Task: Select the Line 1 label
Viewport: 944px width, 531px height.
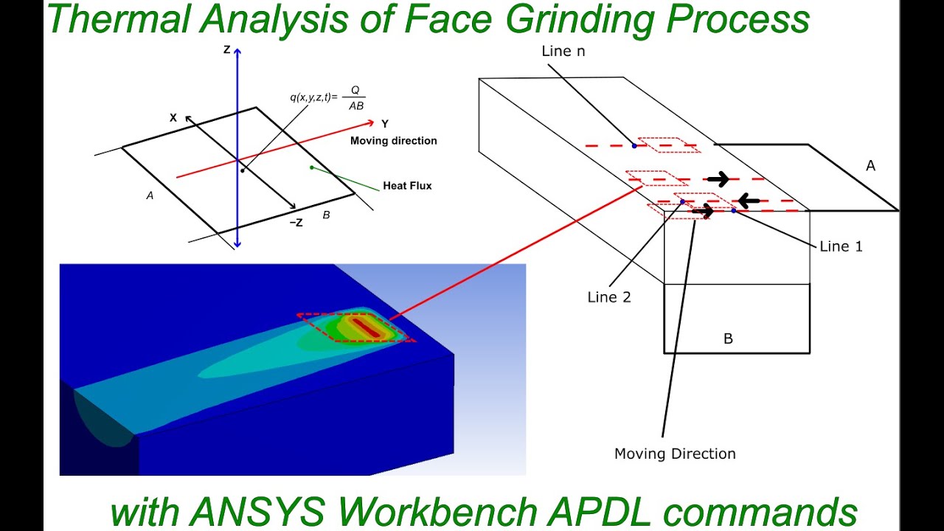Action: (x=841, y=246)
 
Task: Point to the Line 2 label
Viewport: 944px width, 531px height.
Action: (x=609, y=297)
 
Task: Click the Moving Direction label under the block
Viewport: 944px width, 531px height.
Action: (x=675, y=454)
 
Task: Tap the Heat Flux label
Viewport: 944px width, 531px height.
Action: (x=407, y=186)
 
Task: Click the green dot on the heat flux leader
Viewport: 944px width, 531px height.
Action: (x=312, y=167)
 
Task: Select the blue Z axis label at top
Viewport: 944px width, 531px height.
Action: (x=227, y=49)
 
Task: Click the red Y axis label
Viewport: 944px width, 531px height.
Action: (x=385, y=124)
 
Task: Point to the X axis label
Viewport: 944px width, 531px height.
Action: (x=173, y=117)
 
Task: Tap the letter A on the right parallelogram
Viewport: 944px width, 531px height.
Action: (x=870, y=166)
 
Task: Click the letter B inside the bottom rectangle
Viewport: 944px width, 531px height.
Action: (x=728, y=339)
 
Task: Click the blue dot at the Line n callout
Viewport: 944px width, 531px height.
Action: (x=634, y=146)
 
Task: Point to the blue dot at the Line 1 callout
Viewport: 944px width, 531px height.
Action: (x=734, y=211)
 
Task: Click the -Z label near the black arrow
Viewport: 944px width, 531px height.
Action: (x=296, y=223)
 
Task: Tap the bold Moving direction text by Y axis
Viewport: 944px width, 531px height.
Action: (x=393, y=141)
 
